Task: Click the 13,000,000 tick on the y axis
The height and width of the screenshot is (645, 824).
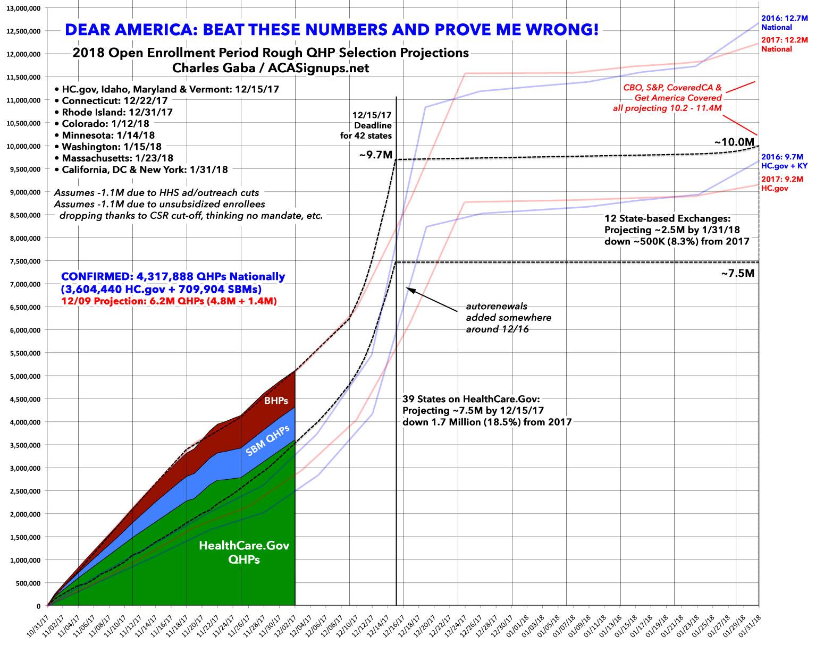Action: pyautogui.click(x=23, y=8)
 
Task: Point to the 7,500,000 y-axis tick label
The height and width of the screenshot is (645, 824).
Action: pyautogui.click(x=25, y=261)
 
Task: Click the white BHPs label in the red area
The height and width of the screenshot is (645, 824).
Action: pyautogui.click(x=276, y=401)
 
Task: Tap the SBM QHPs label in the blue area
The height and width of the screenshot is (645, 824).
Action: pyautogui.click(x=267, y=441)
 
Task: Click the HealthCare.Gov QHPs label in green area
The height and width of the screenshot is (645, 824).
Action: pyautogui.click(x=244, y=552)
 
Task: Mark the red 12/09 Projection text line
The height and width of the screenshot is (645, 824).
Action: pyautogui.click(x=168, y=299)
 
